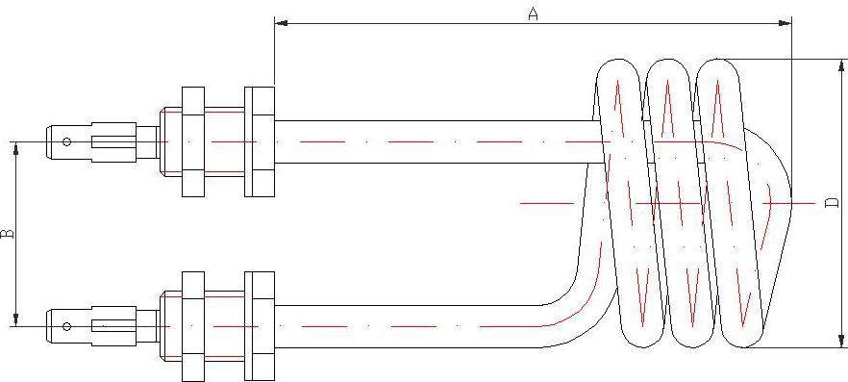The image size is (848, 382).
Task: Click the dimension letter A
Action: (534, 14)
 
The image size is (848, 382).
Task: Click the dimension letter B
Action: (8, 234)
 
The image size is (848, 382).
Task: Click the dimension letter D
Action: (833, 203)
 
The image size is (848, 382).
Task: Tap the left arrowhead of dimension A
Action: (281, 23)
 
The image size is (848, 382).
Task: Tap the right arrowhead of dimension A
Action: (785, 23)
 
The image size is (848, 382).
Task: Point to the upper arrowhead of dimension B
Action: (16, 148)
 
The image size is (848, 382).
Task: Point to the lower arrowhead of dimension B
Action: (16, 319)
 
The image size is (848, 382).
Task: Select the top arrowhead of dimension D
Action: (841, 66)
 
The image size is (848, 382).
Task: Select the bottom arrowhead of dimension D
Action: (841, 341)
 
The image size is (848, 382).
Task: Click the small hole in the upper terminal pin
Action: (66, 141)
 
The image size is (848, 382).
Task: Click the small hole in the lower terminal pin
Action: (66, 326)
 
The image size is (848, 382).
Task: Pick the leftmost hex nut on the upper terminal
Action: (193, 141)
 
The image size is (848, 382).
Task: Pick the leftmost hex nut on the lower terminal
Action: (193, 326)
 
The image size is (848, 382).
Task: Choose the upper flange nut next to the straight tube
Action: (260, 141)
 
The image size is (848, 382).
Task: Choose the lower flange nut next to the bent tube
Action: (260, 326)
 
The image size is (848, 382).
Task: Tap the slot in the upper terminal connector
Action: (112, 141)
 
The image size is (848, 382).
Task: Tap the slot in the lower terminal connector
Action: (112, 326)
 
